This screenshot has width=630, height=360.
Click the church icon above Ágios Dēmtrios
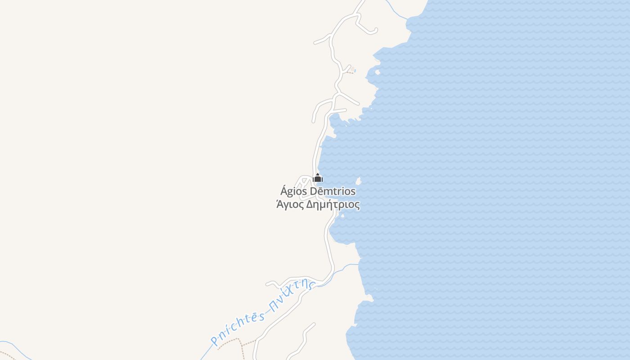coord(318,178)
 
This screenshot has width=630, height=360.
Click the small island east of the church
coord(359,181)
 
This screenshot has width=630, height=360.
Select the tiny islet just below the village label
coord(343,216)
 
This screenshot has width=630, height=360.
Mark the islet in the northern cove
coord(377,72)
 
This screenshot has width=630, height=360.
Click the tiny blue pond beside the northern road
coord(354,70)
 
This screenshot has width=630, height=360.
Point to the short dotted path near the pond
coord(350,72)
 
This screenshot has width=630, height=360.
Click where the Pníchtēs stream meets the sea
coord(359,265)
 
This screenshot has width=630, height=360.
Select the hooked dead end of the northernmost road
coord(375,30)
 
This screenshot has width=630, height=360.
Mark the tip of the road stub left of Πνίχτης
coord(267,283)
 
